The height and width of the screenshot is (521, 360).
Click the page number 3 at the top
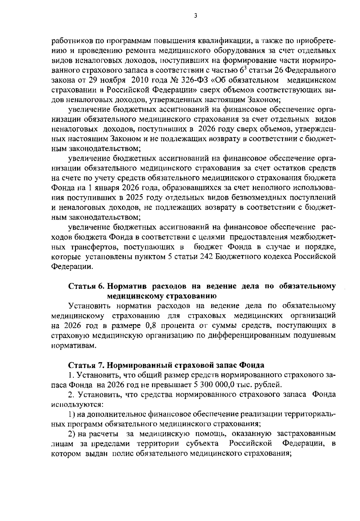[x=195, y=16]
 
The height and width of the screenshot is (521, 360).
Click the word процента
[x=174, y=326]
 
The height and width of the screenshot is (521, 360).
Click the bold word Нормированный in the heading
[x=139, y=365]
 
